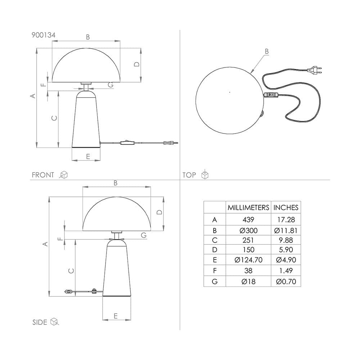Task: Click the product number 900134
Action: click(44, 35)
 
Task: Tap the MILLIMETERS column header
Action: click(248, 208)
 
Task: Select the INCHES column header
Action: click(286, 208)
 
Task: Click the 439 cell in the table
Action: click(248, 220)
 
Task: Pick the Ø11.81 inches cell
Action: click(286, 230)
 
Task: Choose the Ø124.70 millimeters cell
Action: click(248, 260)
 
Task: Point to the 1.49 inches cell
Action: click(286, 271)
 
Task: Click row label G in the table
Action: click(215, 282)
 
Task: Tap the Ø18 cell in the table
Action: click(248, 282)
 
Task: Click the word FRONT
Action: click(43, 175)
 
